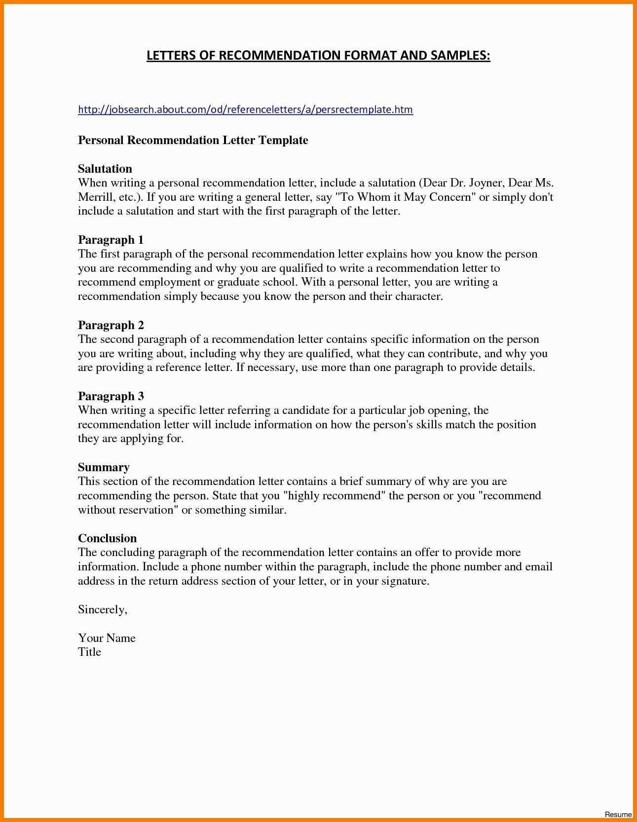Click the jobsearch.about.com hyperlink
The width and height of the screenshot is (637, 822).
tap(245, 110)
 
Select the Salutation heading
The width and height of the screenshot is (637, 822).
tap(105, 169)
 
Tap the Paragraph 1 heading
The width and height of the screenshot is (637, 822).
tap(111, 240)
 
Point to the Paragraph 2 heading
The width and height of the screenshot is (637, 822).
tap(111, 325)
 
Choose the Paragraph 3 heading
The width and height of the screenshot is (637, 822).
tap(111, 396)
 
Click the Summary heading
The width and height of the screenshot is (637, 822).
tap(104, 467)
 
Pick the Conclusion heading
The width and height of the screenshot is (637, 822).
tap(107, 538)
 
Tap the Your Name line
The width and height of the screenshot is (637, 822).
tap(107, 638)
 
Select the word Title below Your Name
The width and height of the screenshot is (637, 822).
tap(89, 652)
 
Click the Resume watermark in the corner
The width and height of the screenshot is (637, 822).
tap(618, 815)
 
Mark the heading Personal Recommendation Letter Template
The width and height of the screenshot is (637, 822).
tap(193, 140)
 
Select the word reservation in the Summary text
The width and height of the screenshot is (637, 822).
tap(148, 510)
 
